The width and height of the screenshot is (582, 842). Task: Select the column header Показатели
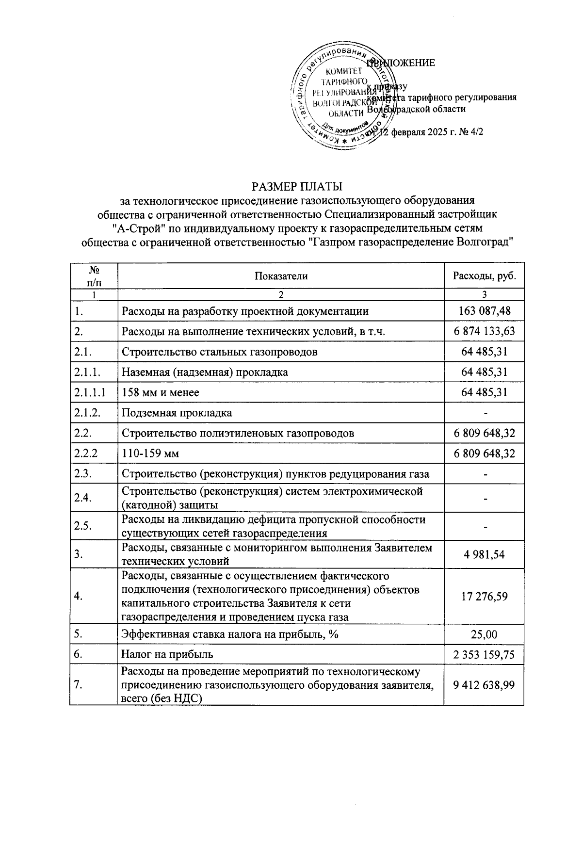[281, 276]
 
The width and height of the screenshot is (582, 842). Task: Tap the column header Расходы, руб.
[484, 276]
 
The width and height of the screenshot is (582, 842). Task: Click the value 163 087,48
[484, 311]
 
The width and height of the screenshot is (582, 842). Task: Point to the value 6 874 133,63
[484, 331]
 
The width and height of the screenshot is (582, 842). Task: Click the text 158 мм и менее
[161, 392]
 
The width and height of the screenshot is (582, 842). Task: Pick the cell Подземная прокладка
[177, 413]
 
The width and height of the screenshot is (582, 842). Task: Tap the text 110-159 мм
[150, 453]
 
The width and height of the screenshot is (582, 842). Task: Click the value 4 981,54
[484, 554]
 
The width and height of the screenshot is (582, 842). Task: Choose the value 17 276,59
[484, 596]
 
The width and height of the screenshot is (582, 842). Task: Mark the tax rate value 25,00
[484, 634]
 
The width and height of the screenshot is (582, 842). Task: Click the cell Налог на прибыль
[167, 654]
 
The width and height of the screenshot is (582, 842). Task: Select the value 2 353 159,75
[484, 655]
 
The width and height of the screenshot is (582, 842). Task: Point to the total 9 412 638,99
[484, 685]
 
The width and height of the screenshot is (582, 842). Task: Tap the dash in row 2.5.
[484, 526]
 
